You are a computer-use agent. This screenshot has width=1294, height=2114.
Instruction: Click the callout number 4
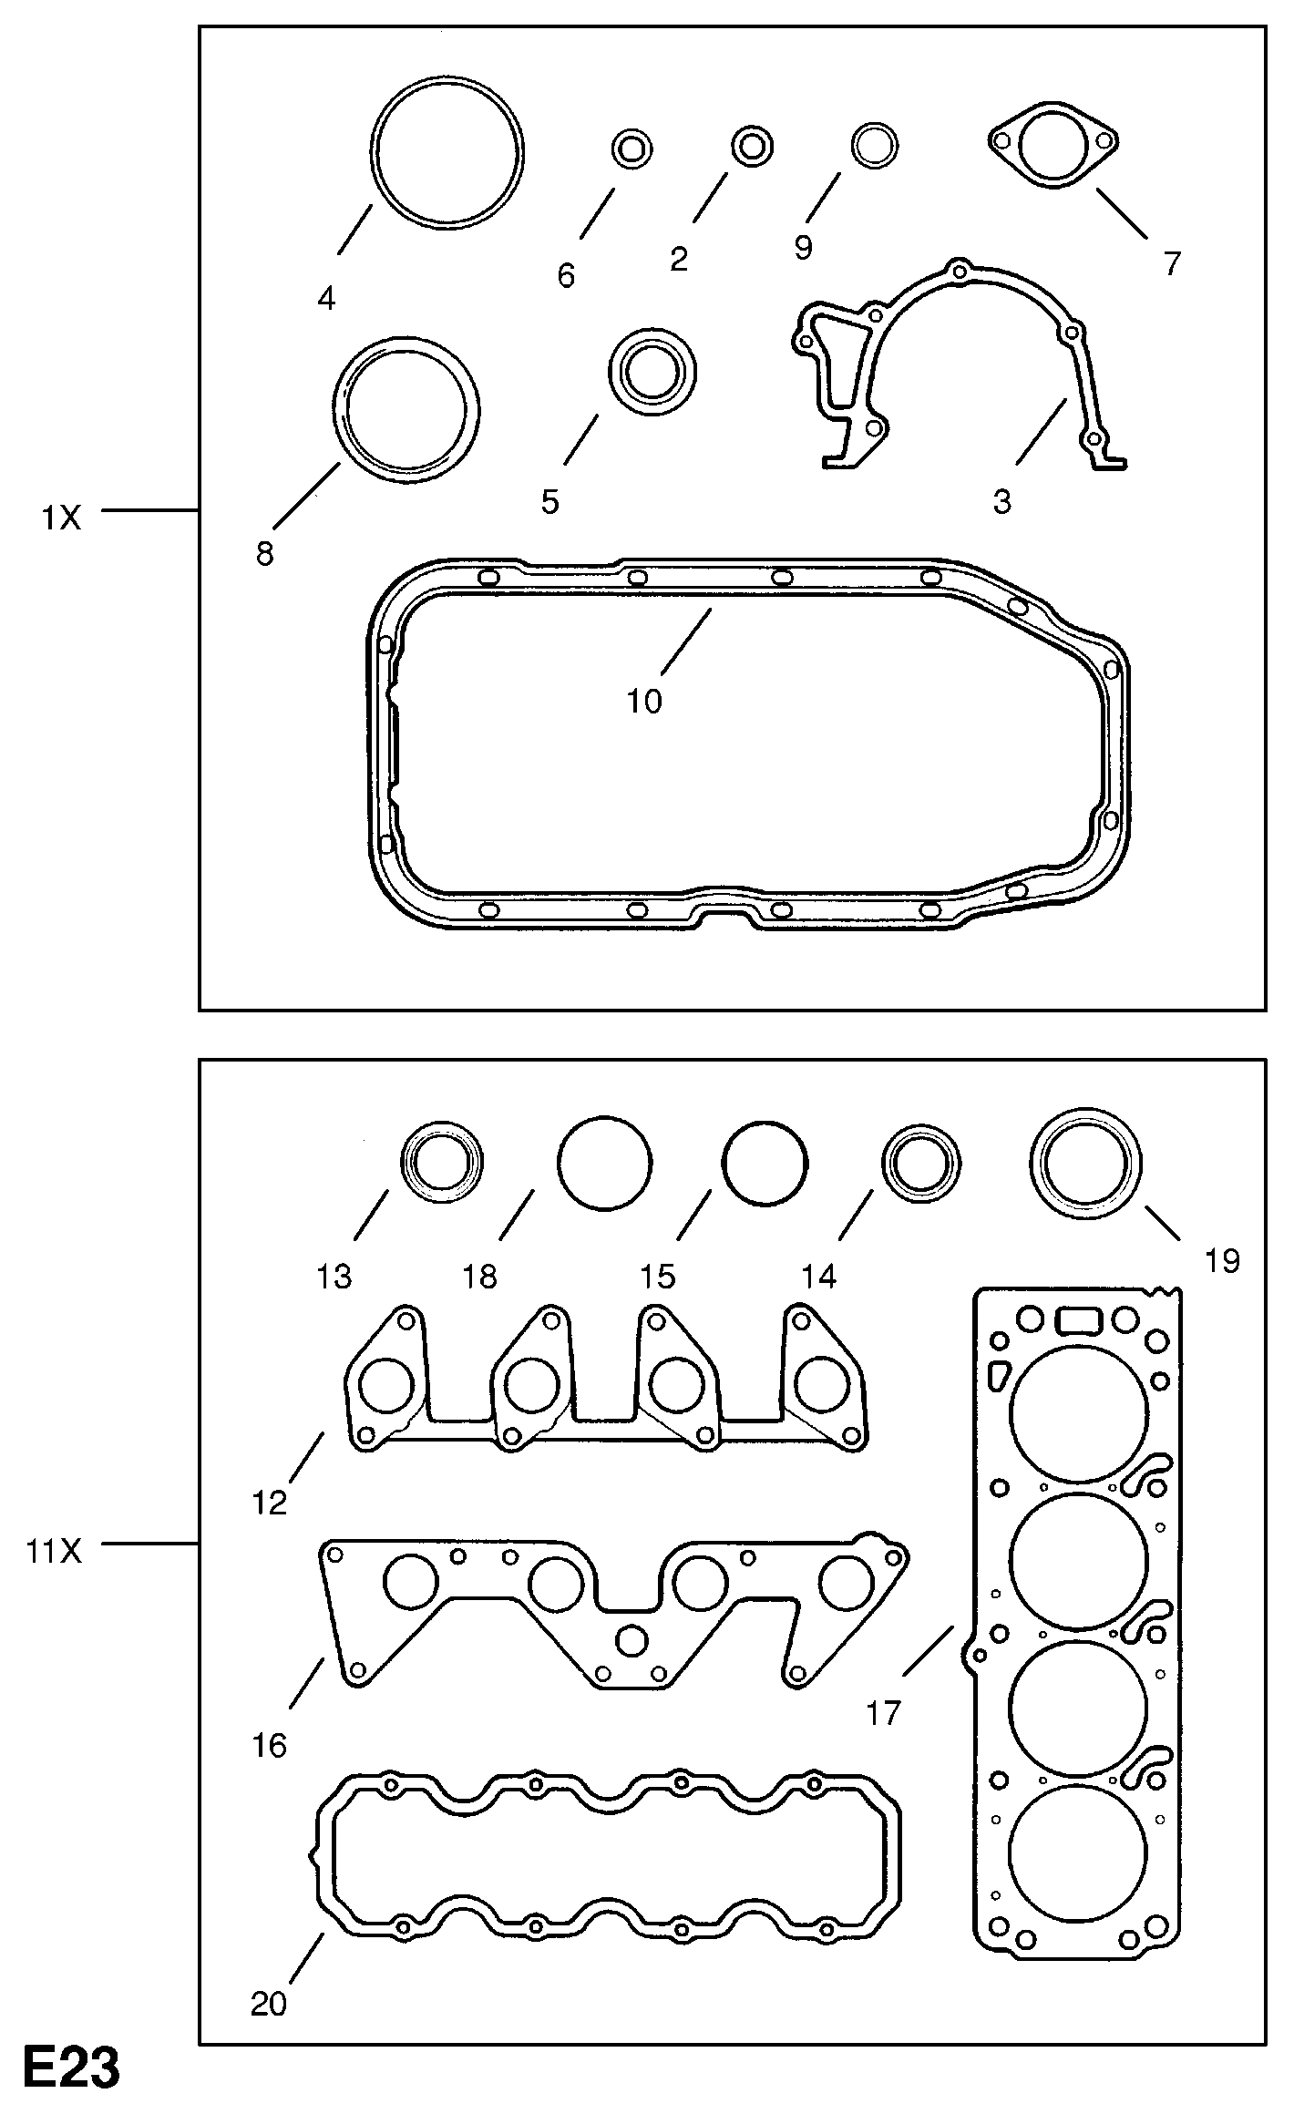[x=326, y=297]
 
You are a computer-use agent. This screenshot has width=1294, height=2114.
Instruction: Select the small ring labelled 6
[x=631, y=148]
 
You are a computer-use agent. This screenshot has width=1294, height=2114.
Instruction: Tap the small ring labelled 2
[x=753, y=146]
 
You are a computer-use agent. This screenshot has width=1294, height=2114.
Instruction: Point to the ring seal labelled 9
[x=874, y=144]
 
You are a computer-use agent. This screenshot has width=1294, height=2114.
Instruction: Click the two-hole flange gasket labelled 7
[x=1053, y=146]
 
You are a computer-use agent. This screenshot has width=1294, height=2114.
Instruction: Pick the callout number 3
[x=1001, y=501]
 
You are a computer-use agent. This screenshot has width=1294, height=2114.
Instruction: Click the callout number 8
[x=264, y=553]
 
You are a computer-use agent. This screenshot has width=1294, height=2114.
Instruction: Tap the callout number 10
[x=643, y=701]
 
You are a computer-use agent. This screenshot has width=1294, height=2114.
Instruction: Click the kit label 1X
[x=61, y=518]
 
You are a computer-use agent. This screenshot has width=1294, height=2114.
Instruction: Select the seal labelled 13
[x=442, y=1162]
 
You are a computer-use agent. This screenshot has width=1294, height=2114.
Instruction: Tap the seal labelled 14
[x=920, y=1165]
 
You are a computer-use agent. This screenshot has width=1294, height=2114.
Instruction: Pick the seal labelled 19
[x=1084, y=1165]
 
